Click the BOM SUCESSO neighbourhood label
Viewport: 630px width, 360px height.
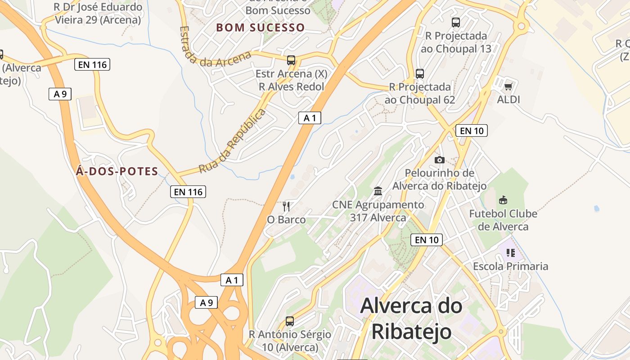pyautogui.click(x=261, y=27)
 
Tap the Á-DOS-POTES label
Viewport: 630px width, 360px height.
pyautogui.click(x=117, y=171)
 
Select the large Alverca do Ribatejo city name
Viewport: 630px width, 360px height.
pyautogui.click(x=411, y=319)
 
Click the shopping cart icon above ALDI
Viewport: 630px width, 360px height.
pyautogui.click(x=508, y=86)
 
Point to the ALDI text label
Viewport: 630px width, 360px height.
pyautogui.click(x=508, y=99)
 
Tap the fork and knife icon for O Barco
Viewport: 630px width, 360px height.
pyautogui.click(x=286, y=207)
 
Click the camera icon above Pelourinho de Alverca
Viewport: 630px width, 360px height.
pyautogui.click(x=440, y=160)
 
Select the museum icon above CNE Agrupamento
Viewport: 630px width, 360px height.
pyautogui.click(x=378, y=191)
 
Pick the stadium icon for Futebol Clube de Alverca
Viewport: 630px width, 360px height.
pyautogui.click(x=503, y=200)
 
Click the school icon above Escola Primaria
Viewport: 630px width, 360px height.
pyautogui.click(x=510, y=253)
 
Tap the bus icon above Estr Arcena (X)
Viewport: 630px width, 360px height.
pyautogui.click(x=291, y=60)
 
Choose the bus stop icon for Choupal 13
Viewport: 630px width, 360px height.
pyautogui.click(x=456, y=22)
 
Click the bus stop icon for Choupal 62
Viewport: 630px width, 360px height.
pyautogui.click(x=420, y=73)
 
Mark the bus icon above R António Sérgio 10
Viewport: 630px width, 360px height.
pyautogui.click(x=290, y=321)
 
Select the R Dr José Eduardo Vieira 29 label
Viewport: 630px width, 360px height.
pyautogui.click(x=98, y=13)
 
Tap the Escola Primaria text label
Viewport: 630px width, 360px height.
pyautogui.click(x=510, y=266)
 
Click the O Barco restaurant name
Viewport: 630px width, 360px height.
pyautogui.click(x=286, y=220)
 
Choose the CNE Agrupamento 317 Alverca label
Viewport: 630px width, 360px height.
pyautogui.click(x=378, y=211)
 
